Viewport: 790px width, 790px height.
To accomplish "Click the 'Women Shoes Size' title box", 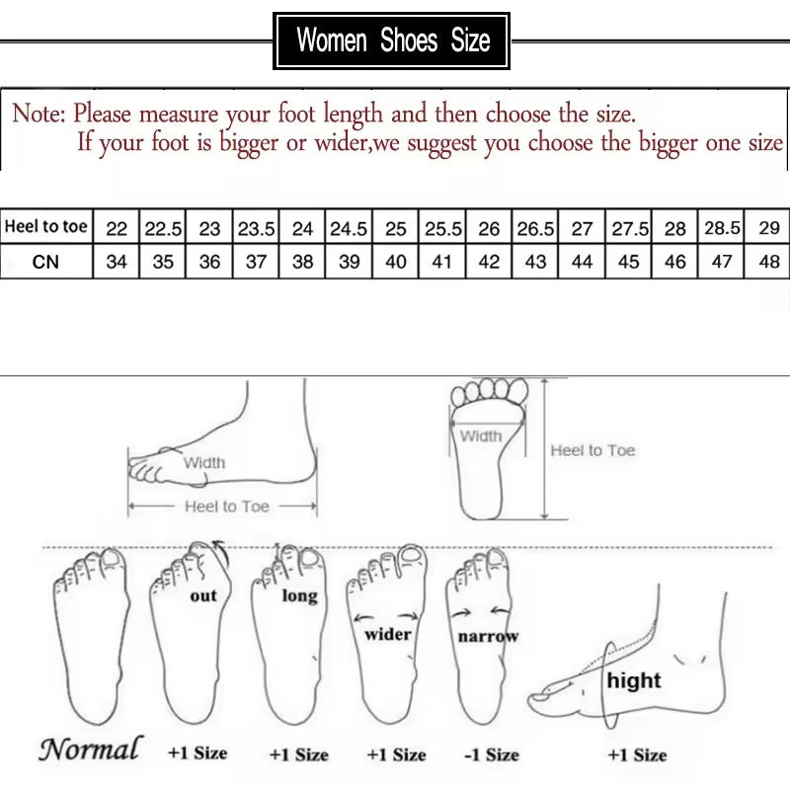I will coord(393,40).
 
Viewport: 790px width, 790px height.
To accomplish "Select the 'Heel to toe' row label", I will coord(46,227).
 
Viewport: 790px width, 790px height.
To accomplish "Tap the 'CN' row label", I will coord(45,263).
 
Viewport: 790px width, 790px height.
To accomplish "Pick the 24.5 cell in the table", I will coord(349,228).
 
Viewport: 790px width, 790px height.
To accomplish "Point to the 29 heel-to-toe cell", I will coord(769,228).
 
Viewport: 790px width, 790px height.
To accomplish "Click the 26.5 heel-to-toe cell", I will coord(535,228).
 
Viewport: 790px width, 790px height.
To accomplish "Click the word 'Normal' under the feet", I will coord(90,749).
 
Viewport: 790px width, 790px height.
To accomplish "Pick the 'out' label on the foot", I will coord(203,595).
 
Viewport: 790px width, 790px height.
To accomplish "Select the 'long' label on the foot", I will coord(299,595).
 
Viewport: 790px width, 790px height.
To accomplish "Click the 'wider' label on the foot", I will coord(388,634).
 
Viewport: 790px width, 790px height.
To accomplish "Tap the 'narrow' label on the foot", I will coord(487,637).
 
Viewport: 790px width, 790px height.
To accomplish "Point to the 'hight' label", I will coord(634,680).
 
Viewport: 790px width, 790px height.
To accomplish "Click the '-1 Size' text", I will coord(492,754).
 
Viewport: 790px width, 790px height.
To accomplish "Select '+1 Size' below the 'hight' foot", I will coord(637,754).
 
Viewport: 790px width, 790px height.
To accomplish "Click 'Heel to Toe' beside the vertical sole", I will coord(592,450).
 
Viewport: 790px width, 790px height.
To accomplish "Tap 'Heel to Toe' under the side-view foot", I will coord(226,506).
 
